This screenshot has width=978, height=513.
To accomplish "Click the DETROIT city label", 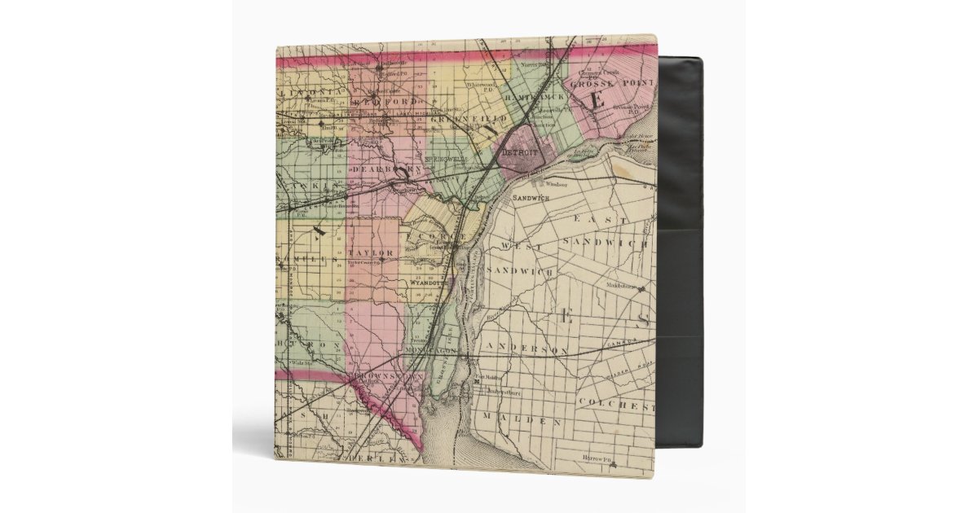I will [x=519, y=152].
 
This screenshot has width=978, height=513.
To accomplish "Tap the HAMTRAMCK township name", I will [x=534, y=97].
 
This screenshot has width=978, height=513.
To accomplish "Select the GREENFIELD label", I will [x=458, y=119].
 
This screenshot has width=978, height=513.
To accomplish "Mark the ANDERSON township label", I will [x=526, y=349].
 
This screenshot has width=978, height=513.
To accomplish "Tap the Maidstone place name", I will [x=621, y=285].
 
